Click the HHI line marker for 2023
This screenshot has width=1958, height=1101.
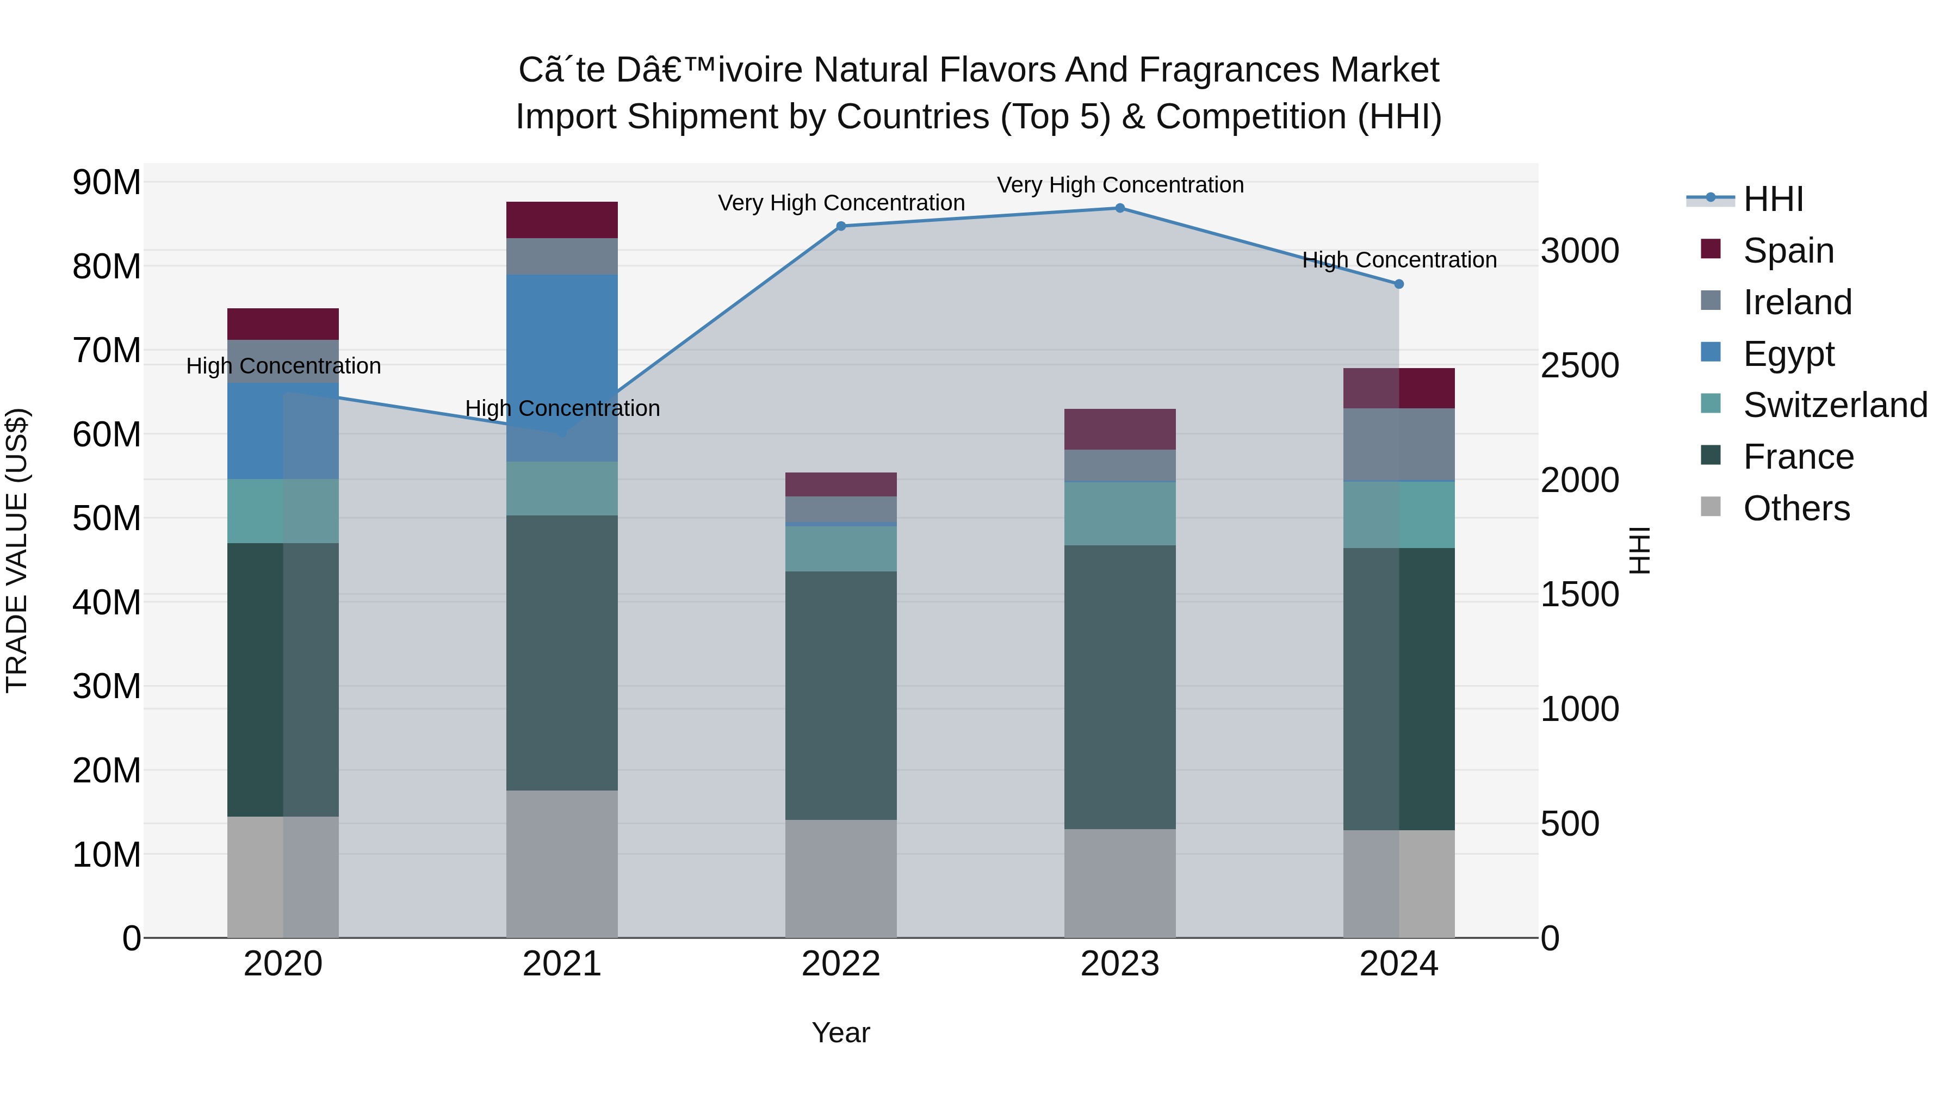click(1120, 208)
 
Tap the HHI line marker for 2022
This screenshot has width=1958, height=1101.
click(841, 226)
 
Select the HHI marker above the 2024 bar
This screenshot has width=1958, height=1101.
click(1398, 284)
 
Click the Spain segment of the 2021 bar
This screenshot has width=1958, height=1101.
click(562, 220)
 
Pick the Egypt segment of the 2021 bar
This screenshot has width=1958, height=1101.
click(562, 368)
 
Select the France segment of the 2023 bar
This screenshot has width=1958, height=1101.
click(1120, 687)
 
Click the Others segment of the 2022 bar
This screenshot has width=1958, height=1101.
click(841, 879)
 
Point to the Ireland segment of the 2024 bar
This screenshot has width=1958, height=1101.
click(1398, 445)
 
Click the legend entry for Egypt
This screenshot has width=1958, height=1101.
click(1788, 354)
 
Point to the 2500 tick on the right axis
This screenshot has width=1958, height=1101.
click(1579, 365)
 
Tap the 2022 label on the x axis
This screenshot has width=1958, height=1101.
click(841, 964)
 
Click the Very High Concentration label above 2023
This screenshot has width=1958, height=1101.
click(1120, 185)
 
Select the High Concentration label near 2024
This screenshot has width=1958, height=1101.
click(1398, 260)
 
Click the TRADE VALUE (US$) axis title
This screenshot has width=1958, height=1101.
click(17, 550)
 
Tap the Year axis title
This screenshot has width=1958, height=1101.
click(841, 1032)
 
